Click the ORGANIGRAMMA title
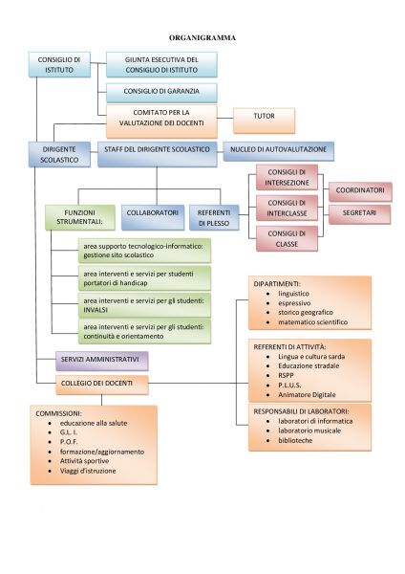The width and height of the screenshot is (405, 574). pos(202,37)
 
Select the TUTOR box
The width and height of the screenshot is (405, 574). pos(264,121)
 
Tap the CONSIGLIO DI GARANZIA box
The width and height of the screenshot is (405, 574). pos(161,93)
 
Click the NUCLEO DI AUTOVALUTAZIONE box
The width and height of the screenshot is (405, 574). pos(278,151)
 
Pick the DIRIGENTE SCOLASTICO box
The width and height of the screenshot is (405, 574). pos(59,154)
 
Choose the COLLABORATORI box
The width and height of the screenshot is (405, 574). pos(153,217)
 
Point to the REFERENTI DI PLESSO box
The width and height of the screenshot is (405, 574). pos(214,217)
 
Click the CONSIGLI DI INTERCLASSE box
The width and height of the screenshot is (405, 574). pos(287,208)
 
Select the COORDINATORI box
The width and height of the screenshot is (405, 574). pos(360,192)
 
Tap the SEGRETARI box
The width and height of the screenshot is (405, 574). pos(359,214)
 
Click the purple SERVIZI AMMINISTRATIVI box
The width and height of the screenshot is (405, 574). pos(102,361)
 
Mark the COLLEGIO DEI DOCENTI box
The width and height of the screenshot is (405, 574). pos(102,385)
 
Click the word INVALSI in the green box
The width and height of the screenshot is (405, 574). pos(96,310)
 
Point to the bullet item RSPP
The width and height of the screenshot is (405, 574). pos(286,375)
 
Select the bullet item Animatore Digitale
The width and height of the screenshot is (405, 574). pos(307,394)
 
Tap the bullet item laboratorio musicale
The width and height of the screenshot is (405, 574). pos(309,430)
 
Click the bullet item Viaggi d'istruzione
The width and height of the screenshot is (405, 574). pos(88,471)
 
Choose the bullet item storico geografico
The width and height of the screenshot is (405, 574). pos(306,312)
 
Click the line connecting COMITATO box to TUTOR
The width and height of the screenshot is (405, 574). pos(225,118)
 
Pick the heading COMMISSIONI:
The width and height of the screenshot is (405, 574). pos(58,413)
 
